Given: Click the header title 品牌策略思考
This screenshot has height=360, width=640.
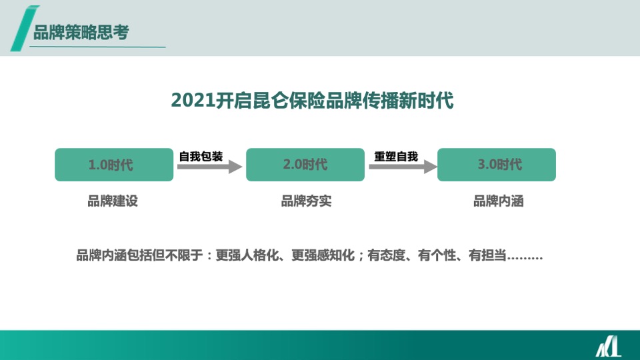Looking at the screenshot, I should point(81,32).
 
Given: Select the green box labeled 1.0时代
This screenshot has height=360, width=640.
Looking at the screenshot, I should point(114,165).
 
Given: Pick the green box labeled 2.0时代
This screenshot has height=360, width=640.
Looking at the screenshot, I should point(305,165).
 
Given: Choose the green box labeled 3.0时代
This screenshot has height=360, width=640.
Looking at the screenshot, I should point(497,165).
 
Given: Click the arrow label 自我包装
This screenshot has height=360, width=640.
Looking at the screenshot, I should point(201,157).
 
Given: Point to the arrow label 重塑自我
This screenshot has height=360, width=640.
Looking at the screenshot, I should point(396,157).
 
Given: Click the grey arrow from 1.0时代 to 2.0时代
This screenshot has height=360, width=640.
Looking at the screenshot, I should point(209,168).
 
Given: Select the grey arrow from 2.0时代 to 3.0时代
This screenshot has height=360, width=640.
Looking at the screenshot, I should point(402,168).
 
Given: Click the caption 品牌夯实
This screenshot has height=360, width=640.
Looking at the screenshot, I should point(306,201).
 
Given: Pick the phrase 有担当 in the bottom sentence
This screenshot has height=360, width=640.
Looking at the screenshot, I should point(488,255).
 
